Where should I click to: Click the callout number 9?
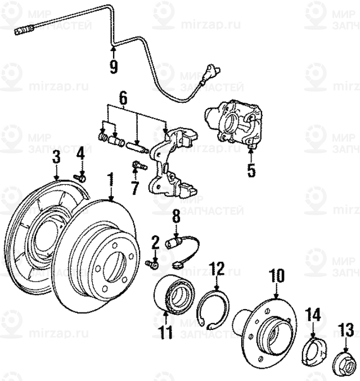click(x=114, y=66)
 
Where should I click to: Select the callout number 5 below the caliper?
click(x=251, y=169)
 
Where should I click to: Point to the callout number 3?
click(x=56, y=157)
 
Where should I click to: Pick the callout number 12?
click(x=217, y=269)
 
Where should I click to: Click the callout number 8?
click(x=176, y=215)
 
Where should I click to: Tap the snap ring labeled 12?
click(x=214, y=310)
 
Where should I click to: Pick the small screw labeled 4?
click(x=81, y=177)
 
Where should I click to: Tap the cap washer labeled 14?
click(x=312, y=348)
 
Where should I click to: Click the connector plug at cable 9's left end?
click(x=21, y=31)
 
